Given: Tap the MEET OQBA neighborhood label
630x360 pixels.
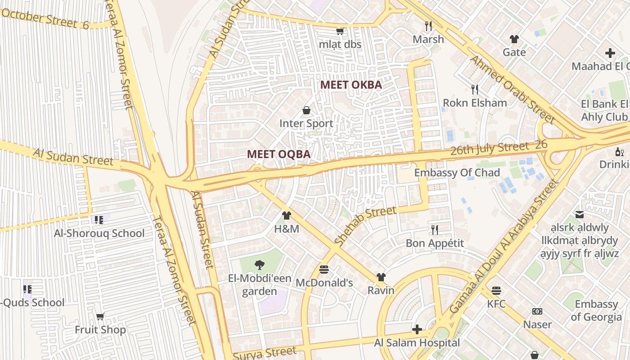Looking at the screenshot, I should [x=279, y=154].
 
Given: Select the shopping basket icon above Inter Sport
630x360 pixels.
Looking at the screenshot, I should [x=306, y=110].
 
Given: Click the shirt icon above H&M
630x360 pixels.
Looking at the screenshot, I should [x=287, y=216].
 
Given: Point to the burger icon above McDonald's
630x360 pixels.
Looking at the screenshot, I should [x=324, y=270].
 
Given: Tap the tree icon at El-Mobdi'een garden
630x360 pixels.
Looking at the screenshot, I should [x=259, y=265].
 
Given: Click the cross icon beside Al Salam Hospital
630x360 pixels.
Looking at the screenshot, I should [x=417, y=329].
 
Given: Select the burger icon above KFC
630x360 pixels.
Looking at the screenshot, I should [x=496, y=291].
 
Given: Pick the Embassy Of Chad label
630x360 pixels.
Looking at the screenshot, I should [x=457, y=173].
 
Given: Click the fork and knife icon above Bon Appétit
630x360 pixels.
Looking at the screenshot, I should [x=434, y=230].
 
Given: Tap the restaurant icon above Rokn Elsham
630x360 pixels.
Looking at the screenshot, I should [x=474, y=89].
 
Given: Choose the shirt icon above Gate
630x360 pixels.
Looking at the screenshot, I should [x=514, y=39].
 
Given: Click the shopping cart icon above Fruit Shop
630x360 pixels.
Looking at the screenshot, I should [x=100, y=317].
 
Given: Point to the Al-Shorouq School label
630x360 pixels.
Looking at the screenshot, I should [x=99, y=233].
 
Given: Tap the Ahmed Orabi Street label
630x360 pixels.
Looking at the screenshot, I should [x=511, y=90].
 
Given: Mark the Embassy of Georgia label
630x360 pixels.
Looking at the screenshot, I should [x=596, y=310].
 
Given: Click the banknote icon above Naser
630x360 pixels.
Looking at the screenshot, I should [x=537, y=311].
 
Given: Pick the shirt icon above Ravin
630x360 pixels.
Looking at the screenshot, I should [x=381, y=277].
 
